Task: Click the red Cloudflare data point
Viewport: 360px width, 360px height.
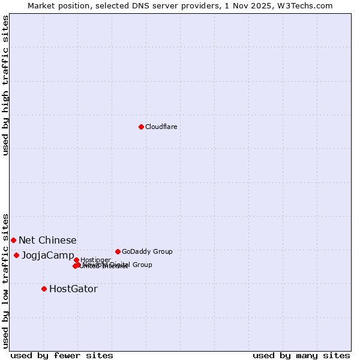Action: (141, 127)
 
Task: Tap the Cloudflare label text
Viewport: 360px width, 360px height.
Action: (161, 127)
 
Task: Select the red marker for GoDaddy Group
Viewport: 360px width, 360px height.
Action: (118, 251)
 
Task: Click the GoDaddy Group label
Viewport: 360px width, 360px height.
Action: (147, 251)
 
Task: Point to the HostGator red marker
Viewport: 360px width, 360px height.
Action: (44, 289)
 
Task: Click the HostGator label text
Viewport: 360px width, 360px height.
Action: (73, 289)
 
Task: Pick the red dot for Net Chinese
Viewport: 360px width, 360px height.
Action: (13, 240)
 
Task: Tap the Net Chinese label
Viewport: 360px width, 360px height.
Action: (47, 240)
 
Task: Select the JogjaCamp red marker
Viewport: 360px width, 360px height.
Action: (16, 255)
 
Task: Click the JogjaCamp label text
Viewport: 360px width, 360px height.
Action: (48, 255)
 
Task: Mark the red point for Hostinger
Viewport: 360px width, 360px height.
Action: (76, 260)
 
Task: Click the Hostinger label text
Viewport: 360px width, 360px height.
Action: (95, 260)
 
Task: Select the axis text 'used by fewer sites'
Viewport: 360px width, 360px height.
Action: (62, 355)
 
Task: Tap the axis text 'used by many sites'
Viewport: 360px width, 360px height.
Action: (301, 355)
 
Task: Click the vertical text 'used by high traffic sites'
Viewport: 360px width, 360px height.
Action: (5, 85)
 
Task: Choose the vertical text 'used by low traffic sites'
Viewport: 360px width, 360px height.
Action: (5, 280)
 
